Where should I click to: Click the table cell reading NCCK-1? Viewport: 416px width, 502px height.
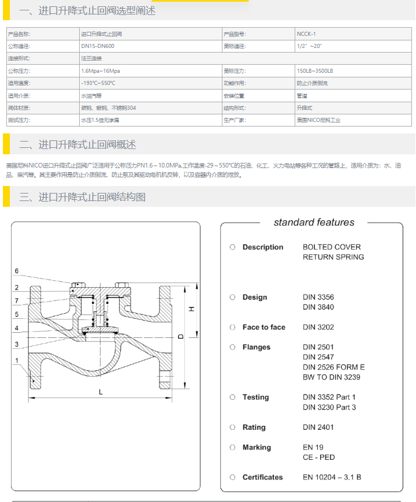[306, 34]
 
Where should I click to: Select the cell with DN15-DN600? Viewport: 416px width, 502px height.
[98, 46]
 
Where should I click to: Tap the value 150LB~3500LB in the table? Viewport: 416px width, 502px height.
[315, 70]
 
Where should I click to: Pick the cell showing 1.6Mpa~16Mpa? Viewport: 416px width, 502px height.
[101, 70]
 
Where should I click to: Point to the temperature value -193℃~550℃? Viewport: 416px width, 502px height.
[98, 83]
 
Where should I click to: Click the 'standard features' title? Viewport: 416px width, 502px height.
[314, 222]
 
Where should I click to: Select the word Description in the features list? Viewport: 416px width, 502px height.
[263, 247]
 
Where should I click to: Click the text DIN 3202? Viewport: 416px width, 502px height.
[318, 327]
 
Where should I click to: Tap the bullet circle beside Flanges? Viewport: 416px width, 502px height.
[232, 347]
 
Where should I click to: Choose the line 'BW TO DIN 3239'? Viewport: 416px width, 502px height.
[332, 377]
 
